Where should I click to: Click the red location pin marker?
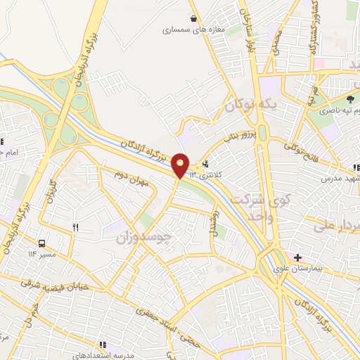(181, 165)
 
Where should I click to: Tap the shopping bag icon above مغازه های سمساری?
(193, 19)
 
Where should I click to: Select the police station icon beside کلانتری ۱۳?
(205, 164)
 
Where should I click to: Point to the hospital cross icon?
(298, 257)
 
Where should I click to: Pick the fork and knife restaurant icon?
(76, 226)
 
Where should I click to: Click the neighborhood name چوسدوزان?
(143, 238)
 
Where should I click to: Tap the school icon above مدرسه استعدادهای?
(103, 345)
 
